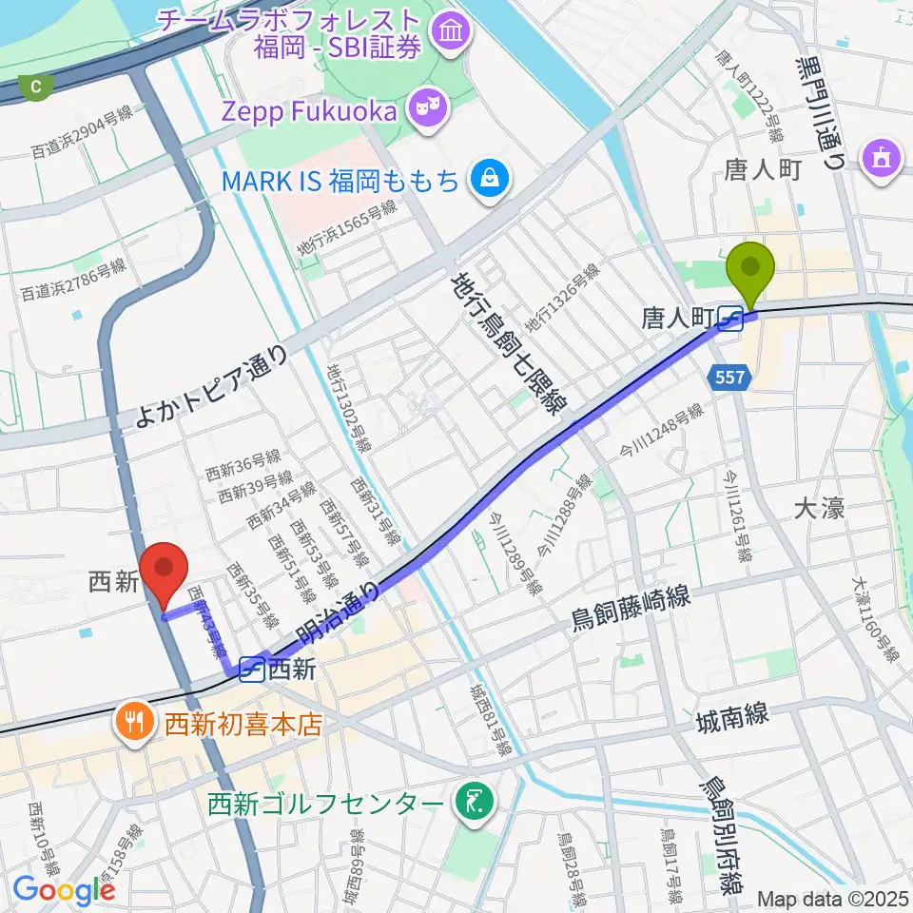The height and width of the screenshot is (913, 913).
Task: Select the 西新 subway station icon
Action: tap(252, 670)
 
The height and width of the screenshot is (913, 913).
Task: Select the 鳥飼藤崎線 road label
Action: tap(630, 609)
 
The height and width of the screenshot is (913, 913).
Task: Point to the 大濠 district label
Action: tap(819, 509)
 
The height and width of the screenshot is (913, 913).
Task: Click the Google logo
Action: tap(64, 889)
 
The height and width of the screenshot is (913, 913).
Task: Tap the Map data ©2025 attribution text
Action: tap(833, 899)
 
